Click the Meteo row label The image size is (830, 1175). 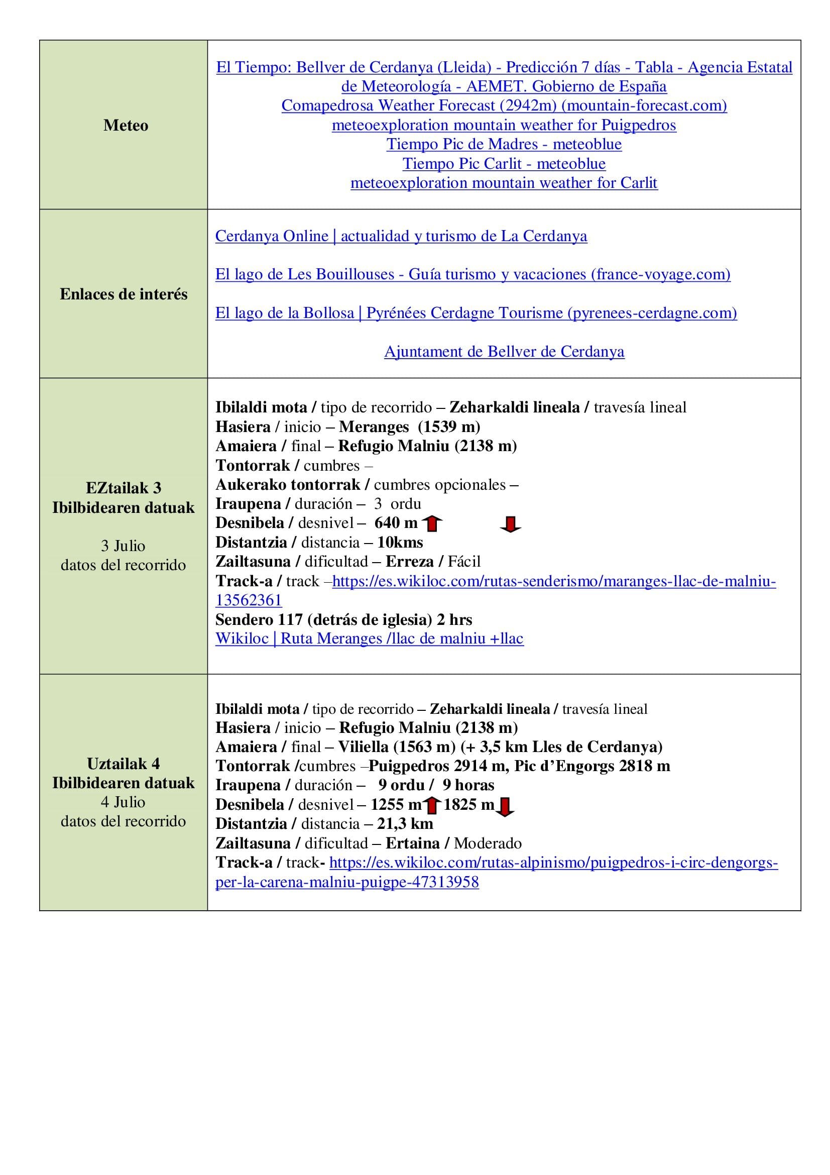pos(126,126)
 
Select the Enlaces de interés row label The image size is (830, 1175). pos(124,294)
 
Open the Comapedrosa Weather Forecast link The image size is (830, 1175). pos(504,105)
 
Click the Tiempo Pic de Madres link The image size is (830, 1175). pos(504,144)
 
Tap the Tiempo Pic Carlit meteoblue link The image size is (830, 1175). pos(504,164)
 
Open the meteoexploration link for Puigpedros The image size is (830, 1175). pos(504,125)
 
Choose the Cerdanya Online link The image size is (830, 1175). pos(401,236)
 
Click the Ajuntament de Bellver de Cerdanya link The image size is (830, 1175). pos(504,352)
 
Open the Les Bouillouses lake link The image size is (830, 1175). pos(472,274)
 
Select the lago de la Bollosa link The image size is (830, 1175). pos(476,312)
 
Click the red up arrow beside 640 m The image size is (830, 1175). pos(432,523)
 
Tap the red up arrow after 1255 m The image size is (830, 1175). pos(432,806)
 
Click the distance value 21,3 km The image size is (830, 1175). pos(405,824)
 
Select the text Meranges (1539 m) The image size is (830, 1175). pos(409,427)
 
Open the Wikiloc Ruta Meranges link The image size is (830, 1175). pos(369,638)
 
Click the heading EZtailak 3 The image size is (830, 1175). pos(123,488)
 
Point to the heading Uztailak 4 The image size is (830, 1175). pos(123,764)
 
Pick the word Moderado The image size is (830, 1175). pos(488,843)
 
